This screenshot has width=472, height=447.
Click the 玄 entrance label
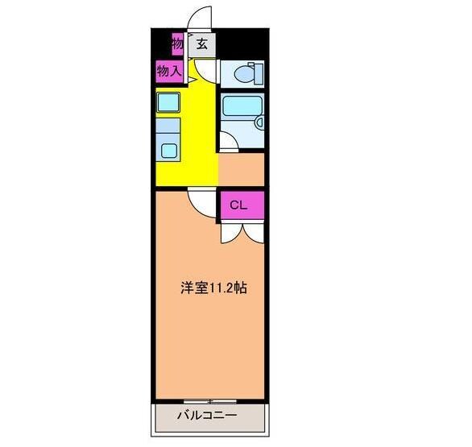point(202,45)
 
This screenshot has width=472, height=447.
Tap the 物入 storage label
point(168,72)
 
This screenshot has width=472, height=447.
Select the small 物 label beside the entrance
point(177,43)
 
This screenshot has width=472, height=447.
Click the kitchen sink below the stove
point(169,149)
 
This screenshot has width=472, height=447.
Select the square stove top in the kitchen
point(168,102)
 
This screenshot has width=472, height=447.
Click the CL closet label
point(238,205)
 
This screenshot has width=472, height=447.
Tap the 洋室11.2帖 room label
point(213,287)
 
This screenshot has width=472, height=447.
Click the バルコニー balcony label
point(207,417)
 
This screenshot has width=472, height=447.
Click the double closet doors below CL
point(241,233)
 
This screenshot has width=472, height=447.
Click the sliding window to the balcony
point(208,401)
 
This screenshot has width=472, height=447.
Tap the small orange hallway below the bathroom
point(242,170)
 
